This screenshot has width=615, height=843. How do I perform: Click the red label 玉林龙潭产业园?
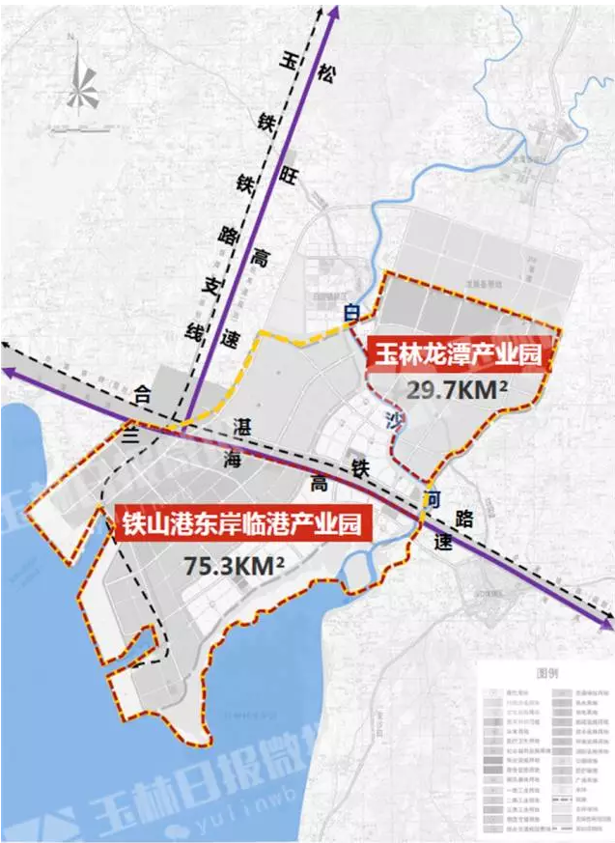click(455, 356)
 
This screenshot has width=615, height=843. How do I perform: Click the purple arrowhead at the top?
click(334, 11)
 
